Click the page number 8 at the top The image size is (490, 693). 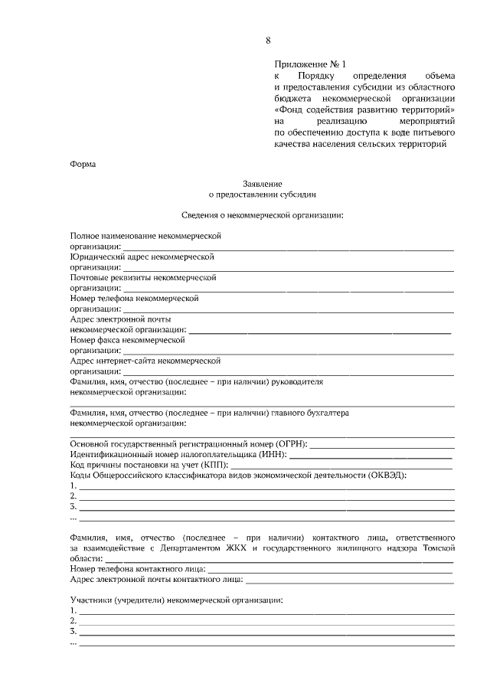[x=268, y=40]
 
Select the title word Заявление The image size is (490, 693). [x=263, y=184]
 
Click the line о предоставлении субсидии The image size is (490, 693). [x=263, y=195]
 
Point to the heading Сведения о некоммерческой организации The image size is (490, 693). [x=263, y=215]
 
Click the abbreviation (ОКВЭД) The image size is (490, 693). [x=387, y=476]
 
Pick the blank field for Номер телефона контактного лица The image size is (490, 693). [x=329, y=571]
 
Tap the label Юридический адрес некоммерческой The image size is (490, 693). [x=142, y=258]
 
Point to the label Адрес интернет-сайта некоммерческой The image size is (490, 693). [x=145, y=359]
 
